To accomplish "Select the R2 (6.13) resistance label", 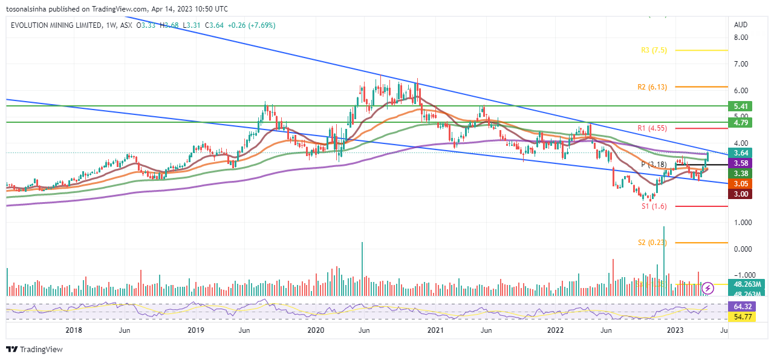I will pos(652,87).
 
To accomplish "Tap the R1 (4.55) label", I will pos(652,128).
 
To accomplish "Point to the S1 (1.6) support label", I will pos(654,206).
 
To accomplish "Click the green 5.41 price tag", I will pos(741,106).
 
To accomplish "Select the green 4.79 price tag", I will pos(741,122).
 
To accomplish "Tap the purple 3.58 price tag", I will pos(741,163).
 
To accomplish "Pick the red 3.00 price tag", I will pos(741,194).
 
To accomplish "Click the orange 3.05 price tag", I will pos(741,183).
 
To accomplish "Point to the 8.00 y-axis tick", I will pos(741,37).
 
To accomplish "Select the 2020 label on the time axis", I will pos(316,330).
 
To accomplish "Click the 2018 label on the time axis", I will pos(73,330).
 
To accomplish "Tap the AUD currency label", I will pos(741,25).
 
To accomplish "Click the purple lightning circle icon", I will pos(707,289).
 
